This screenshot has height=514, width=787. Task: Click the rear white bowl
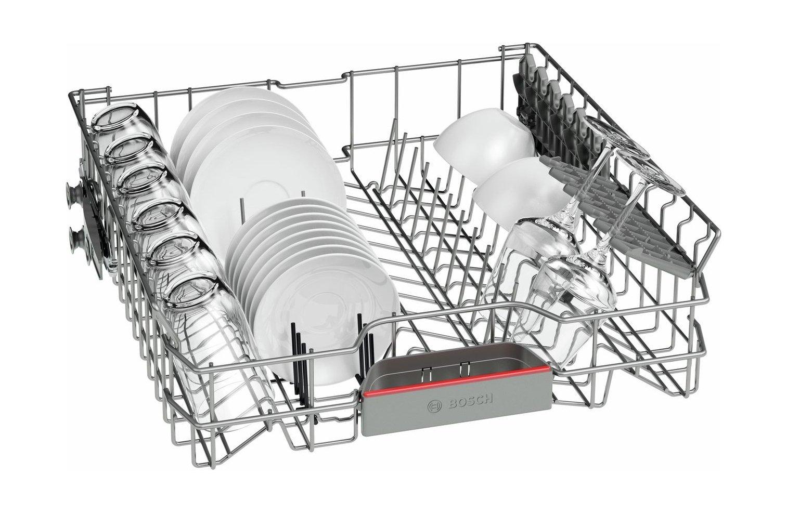[x=484, y=142]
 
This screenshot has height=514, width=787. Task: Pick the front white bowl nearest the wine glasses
[x=520, y=191]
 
